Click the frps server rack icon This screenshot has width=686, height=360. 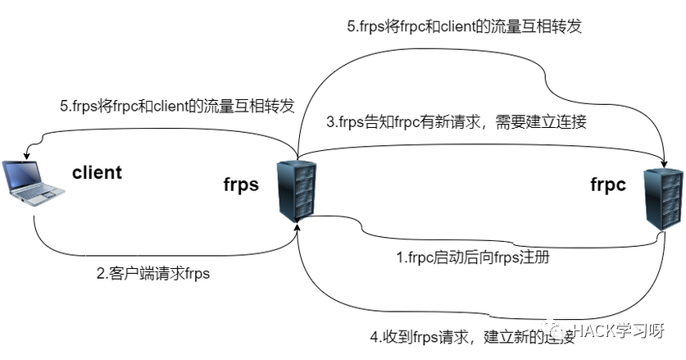point(296,191)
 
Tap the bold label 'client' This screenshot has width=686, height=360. point(97,173)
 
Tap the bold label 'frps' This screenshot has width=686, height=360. point(241,185)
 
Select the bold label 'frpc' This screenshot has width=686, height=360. point(608,185)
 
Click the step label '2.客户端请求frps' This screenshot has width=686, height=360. point(153,274)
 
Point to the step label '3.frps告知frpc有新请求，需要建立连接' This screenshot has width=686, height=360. point(457,123)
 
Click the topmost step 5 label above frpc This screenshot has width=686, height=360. point(464,25)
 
